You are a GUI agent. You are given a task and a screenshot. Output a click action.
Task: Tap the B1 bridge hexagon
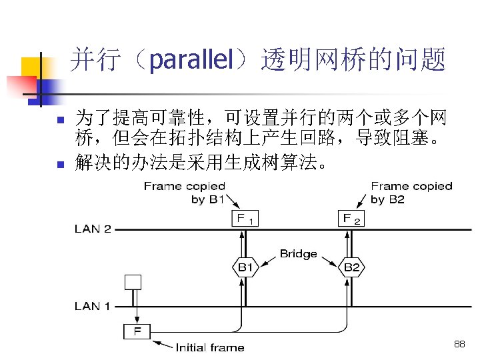245,267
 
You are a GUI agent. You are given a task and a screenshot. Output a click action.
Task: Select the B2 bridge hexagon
351,267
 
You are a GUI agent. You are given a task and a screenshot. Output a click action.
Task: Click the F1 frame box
245,218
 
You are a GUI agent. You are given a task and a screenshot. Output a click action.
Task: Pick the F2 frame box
351,218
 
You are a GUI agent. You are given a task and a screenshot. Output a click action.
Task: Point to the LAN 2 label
93,229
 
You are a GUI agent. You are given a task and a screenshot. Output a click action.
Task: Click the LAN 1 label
93,306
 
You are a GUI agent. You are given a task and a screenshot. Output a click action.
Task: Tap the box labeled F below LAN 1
137,331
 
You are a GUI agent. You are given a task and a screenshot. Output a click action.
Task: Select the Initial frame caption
209,347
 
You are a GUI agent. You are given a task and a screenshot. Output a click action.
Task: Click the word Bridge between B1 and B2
298,253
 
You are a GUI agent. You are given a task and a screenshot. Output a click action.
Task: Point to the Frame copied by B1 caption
185,193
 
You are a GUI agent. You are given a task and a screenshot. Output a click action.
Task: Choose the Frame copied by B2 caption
411,193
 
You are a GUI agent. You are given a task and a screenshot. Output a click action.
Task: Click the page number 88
459,344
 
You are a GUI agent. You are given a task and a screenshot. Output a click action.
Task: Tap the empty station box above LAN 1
133,281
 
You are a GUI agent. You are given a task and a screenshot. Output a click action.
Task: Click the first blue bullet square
59,121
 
